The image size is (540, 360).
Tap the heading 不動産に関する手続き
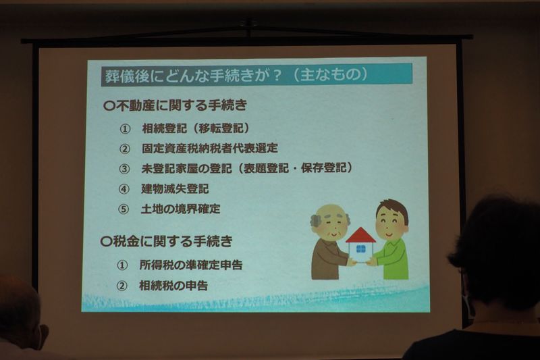click(182, 105)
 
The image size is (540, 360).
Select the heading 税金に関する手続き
click(173, 241)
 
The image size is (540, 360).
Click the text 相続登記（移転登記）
click(196, 128)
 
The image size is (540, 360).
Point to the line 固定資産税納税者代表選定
click(210, 148)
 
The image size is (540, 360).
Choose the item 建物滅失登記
click(175, 188)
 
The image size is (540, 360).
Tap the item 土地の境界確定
click(180, 209)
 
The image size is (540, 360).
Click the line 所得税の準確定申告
click(191, 265)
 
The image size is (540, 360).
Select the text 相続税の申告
click(173, 285)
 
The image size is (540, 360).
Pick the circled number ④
click(124, 189)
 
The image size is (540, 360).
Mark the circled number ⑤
click(124, 209)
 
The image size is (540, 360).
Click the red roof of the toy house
click(360, 236)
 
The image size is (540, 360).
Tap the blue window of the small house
click(360, 249)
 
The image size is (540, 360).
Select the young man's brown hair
click(392, 209)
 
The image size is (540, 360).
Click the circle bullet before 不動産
click(109, 106)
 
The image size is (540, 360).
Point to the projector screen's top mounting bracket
click(247, 25)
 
